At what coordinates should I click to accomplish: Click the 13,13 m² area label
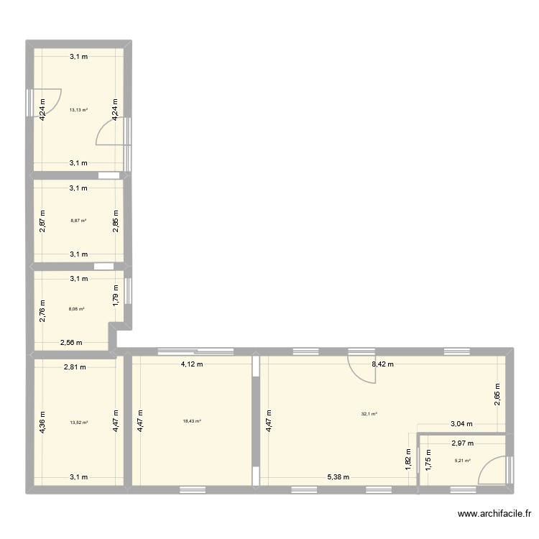(x=78, y=110)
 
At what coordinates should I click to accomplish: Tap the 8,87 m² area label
(x=78, y=221)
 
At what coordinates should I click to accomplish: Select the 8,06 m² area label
(x=77, y=309)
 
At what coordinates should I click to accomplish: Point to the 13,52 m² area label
(x=78, y=423)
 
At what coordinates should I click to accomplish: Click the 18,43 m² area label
(x=192, y=423)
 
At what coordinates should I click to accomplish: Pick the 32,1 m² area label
(x=369, y=413)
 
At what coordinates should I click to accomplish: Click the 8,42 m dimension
(x=384, y=365)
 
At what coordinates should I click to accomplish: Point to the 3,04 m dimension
(x=461, y=425)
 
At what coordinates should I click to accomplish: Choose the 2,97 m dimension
(x=462, y=444)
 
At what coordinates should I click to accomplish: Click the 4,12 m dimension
(x=191, y=365)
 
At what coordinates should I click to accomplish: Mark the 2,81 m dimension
(x=75, y=367)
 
